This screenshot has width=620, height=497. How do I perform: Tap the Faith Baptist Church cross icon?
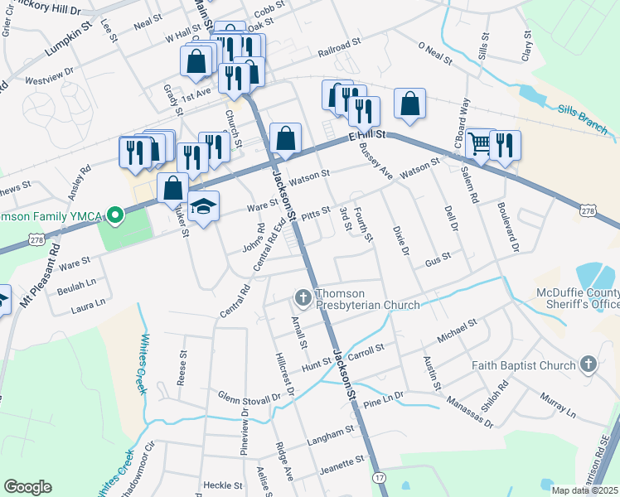588,364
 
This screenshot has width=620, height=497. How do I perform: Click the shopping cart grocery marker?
479,143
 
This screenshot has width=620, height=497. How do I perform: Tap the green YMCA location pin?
115,217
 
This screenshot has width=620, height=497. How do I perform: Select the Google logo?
27,486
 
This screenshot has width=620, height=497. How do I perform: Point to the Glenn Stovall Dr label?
249,398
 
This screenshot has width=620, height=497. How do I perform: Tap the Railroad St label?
340,52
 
